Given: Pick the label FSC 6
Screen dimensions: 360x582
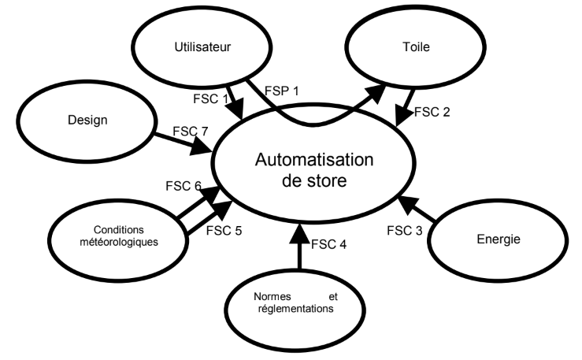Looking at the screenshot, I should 183,187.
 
